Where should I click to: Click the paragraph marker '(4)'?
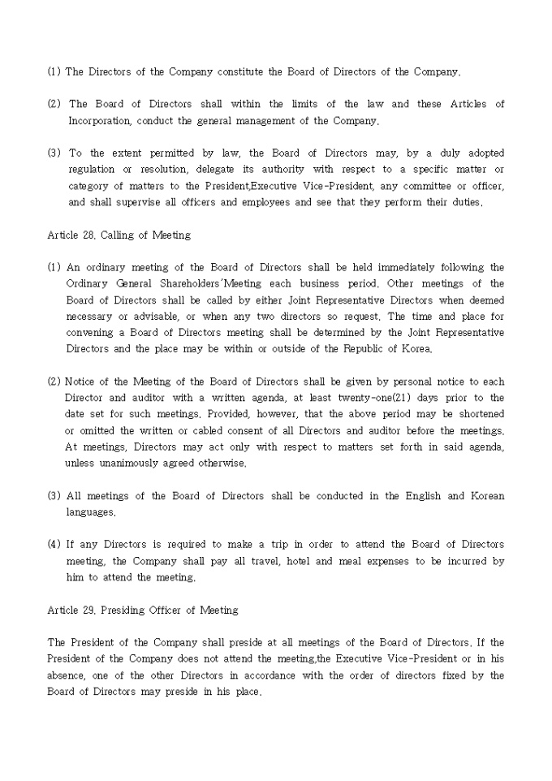tap(54, 545)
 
